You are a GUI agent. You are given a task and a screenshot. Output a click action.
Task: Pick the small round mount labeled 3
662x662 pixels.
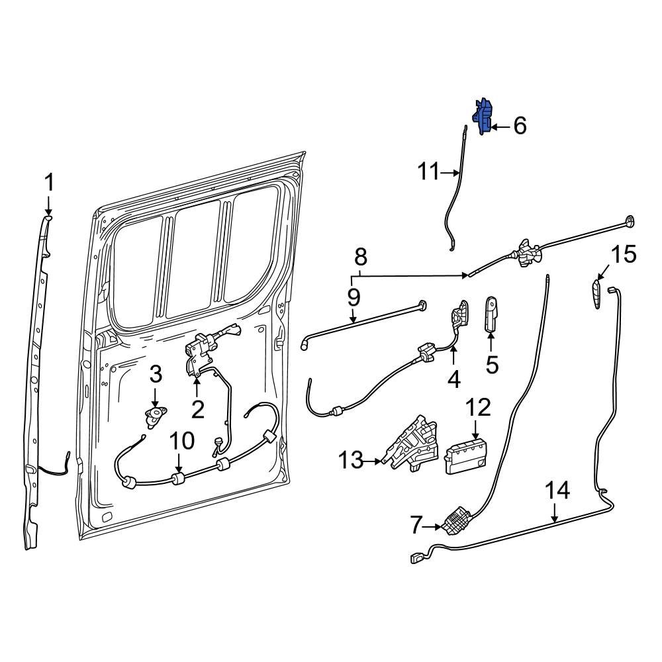(154, 417)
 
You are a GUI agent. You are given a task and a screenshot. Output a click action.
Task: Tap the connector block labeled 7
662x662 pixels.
(455, 520)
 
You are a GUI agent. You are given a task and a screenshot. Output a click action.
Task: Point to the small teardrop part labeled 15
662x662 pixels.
(598, 292)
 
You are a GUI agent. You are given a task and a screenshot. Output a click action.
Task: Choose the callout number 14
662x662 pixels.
(557, 491)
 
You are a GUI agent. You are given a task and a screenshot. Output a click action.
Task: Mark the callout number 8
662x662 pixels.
(360, 256)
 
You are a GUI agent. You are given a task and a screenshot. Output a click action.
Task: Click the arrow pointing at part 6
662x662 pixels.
(500, 126)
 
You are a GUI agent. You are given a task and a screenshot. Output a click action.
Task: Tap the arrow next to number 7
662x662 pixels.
(434, 527)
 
